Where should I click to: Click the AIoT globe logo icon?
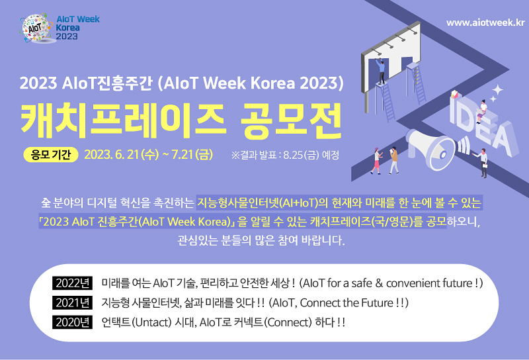tap(36, 28)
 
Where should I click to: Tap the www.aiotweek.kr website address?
tap(485, 22)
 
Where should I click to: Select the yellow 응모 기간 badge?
tap(51, 155)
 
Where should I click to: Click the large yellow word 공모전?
tap(292, 121)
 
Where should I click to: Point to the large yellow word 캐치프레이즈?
tap(122, 121)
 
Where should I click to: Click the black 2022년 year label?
tap(73, 283)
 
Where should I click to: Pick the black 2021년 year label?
tap(73, 302)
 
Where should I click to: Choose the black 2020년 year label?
tap(73, 322)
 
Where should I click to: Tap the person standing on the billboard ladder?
tap(381, 71)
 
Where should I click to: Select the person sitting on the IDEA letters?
tap(482, 111)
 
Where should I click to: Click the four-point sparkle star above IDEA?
tap(498, 90)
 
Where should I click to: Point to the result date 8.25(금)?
tap(302, 155)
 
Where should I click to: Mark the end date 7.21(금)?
tap(192, 155)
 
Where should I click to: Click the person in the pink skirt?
tap(376, 161)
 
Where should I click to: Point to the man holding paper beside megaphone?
tap(483, 163)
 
